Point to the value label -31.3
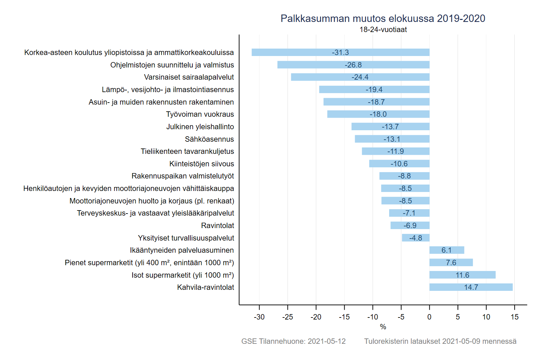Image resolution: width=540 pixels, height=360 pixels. (340, 52)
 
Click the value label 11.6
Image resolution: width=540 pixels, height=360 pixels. (462, 275)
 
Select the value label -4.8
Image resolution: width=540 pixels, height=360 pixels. (415, 238)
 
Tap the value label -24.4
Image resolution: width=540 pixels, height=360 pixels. (360, 77)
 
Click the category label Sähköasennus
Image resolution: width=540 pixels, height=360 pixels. (209, 139)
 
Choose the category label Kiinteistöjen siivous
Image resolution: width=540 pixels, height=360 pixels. (201, 164)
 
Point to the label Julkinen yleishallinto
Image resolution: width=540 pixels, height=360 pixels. (200, 127)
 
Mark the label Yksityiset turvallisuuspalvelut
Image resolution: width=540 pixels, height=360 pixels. (186, 238)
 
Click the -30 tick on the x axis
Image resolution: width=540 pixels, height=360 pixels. (259, 317)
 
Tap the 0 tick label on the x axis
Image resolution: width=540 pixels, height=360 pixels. (429, 317)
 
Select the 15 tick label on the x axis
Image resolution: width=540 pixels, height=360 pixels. (514, 317)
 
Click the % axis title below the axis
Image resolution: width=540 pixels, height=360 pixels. (383, 327)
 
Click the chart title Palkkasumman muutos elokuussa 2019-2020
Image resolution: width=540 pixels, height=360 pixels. (383, 18)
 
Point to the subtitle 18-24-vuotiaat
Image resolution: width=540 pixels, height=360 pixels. (383, 29)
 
